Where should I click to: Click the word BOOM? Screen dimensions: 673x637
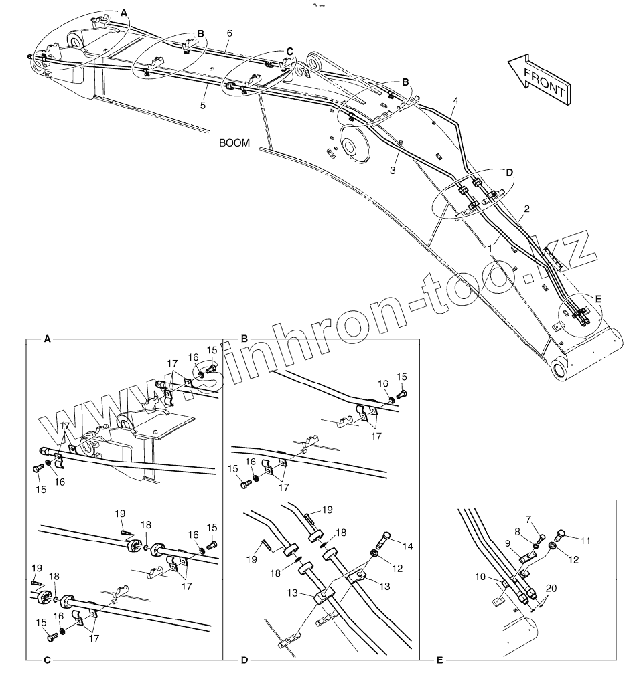[234, 142]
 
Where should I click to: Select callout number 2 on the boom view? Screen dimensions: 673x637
[526, 209]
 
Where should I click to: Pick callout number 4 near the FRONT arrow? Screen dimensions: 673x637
[455, 101]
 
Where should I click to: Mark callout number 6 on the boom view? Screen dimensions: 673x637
[230, 33]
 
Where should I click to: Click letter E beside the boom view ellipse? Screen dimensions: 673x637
[598, 298]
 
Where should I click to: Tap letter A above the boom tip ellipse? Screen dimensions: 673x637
[123, 13]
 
